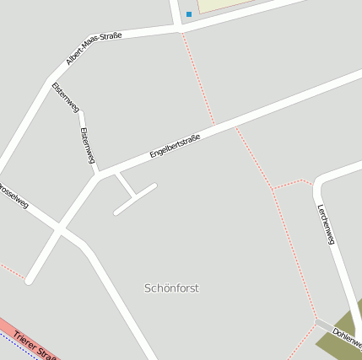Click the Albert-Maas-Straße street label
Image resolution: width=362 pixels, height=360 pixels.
click(x=94, y=48)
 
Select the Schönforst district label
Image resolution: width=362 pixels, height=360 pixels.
click(x=171, y=288)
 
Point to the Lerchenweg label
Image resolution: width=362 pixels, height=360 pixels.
click(x=326, y=224)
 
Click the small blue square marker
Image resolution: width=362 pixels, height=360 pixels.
click(x=189, y=14)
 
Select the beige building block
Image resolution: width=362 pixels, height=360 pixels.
click(x=228, y=5)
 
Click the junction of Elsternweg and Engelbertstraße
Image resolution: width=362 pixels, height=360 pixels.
click(x=98, y=175)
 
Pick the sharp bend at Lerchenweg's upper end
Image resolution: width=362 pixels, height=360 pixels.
click(x=319, y=179)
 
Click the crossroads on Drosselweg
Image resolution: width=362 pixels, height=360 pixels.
click(x=60, y=228)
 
